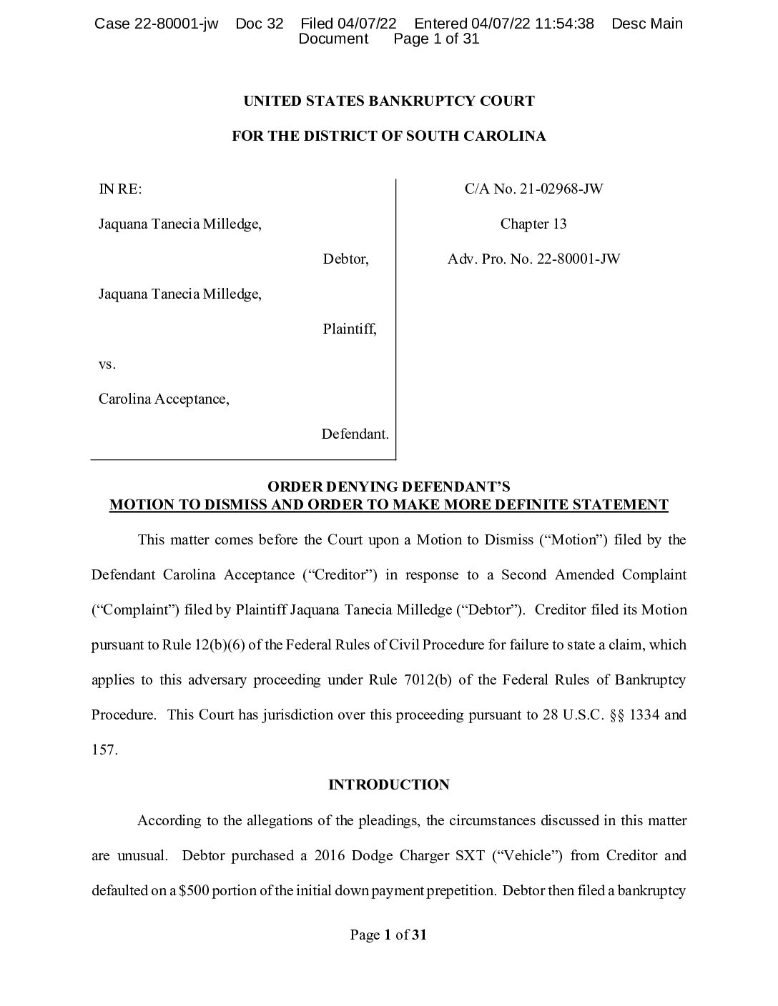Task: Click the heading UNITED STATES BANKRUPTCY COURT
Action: click(388, 101)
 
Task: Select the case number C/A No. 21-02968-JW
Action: click(533, 189)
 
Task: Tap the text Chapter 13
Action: click(533, 224)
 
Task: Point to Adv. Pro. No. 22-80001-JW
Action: click(533, 259)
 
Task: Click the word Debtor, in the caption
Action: click(345, 259)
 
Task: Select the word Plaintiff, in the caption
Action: click(349, 329)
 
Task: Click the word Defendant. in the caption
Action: click(355, 434)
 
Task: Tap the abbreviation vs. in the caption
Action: click(107, 364)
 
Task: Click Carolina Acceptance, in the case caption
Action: click(164, 399)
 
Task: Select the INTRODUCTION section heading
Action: click(388, 785)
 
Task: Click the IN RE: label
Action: click(120, 189)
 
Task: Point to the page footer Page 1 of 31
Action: click(388, 935)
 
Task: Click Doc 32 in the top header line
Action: click(259, 24)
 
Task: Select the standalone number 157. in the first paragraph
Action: click(104, 750)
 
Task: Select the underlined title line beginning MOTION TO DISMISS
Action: click(388, 504)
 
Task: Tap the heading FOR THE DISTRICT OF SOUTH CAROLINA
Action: click(388, 136)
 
